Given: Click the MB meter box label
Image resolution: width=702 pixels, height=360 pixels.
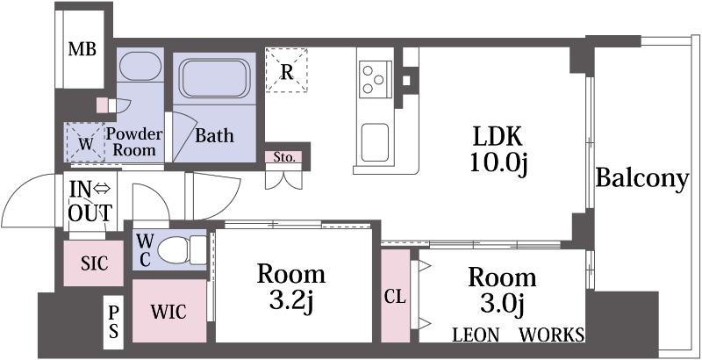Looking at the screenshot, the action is coord(82,49).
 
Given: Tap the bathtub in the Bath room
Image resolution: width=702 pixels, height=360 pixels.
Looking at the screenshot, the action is coord(214,78).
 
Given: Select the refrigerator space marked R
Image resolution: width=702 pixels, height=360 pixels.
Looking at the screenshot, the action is coord(287,70).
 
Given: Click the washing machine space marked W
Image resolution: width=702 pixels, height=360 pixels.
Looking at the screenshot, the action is coord(85,142).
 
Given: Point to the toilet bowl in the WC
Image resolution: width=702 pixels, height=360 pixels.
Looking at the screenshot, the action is coord(175,249).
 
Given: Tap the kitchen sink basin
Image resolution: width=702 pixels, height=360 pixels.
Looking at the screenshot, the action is coord(375,142).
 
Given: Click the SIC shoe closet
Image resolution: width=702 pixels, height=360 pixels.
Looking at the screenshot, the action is coord(94,263).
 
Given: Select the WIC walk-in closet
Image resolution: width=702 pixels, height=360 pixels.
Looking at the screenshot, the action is coord(169,311).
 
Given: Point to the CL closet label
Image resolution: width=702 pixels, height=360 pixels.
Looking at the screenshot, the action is coord(396,296).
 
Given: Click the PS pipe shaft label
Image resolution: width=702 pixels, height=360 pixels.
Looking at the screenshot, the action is coord(114,322).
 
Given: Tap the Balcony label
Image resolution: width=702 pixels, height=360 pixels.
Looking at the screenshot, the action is coord(642,179).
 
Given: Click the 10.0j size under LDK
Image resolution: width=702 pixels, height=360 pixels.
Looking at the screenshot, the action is coord(498,163).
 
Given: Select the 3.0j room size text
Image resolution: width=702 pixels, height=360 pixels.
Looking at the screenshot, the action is coord(502,305).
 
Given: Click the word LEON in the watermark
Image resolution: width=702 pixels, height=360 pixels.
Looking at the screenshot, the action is coord(476,335).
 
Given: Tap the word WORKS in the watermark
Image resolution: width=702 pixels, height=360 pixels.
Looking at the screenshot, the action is coord(552,335).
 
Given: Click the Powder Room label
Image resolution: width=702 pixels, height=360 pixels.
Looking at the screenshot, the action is coord(134,142).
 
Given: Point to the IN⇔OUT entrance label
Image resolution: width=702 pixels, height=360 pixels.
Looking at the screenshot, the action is coord(90,201).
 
